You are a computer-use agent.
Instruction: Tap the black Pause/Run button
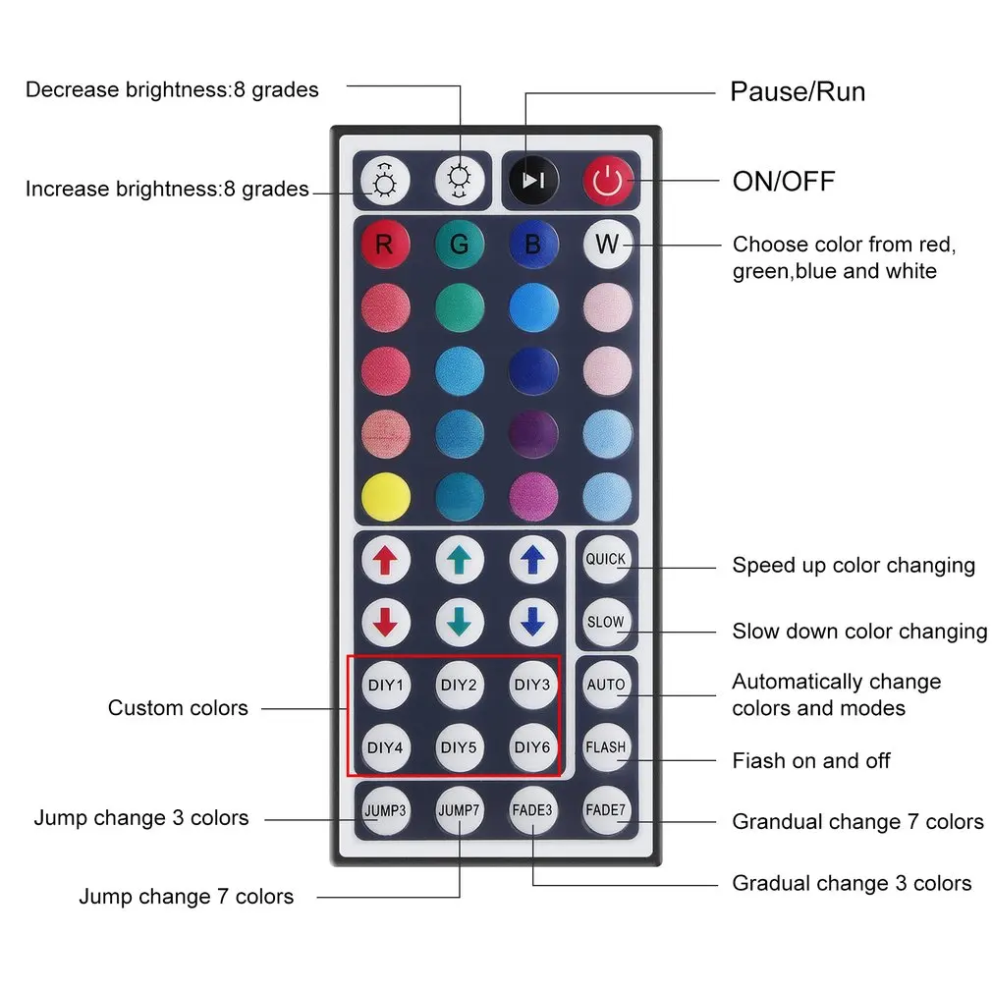coord(533,181)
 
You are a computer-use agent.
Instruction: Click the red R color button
coord(385,245)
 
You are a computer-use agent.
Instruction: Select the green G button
coord(460,245)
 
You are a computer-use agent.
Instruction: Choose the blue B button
coord(533,245)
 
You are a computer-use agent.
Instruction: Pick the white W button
coord(607,245)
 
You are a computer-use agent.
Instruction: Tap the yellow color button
coord(385,497)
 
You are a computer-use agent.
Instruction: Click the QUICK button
coord(605,559)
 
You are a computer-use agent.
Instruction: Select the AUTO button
coord(605,685)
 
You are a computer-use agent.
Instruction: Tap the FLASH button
coord(605,747)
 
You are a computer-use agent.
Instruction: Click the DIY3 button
coord(532,685)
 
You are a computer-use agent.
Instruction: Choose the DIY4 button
coord(385,747)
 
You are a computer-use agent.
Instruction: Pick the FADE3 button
coord(532,810)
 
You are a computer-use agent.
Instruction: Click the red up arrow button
coord(385,560)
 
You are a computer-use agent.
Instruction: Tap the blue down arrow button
coord(532,622)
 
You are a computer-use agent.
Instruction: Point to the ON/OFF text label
coord(783,182)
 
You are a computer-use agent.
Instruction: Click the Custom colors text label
coord(178,708)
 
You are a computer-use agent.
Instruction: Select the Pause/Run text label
coord(798,91)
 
